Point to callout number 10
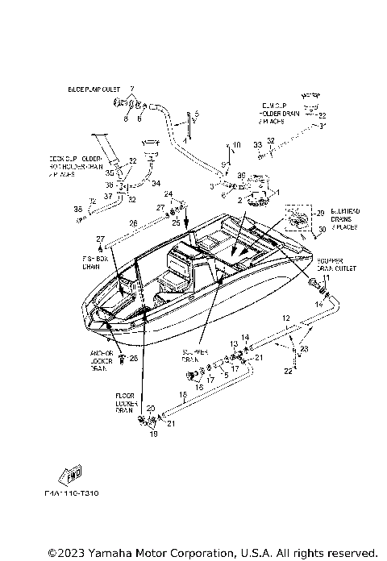pos(237,145)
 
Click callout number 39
pos(240,175)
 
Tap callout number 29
pos(321,212)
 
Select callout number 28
pos(133,357)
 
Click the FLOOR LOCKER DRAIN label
pos(124,402)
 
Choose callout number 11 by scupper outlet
pos(327,277)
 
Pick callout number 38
pos(78,210)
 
